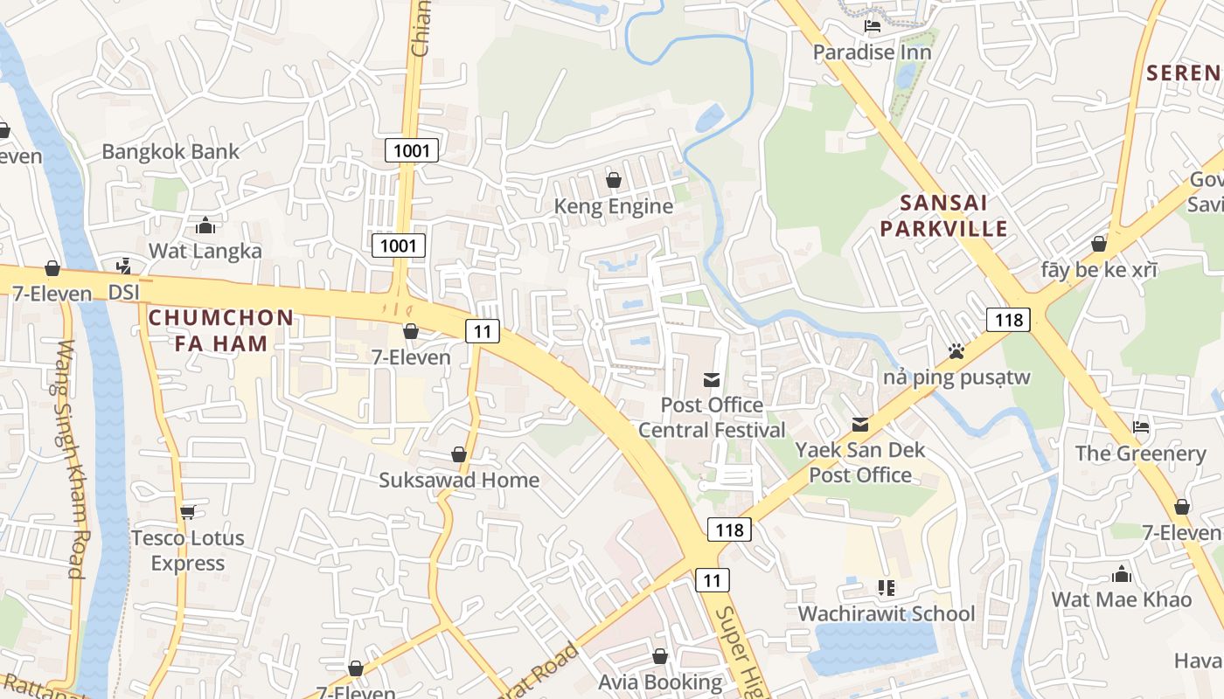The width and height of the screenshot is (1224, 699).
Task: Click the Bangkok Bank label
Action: (x=170, y=151)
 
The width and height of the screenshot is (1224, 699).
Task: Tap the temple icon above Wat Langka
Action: (x=205, y=225)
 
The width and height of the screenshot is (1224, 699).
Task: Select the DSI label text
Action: (x=124, y=293)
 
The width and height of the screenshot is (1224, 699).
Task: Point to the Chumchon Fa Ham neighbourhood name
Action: (x=221, y=329)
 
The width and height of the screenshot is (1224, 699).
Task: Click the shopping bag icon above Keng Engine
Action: (x=614, y=180)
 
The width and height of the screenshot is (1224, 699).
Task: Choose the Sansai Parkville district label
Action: (x=943, y=216)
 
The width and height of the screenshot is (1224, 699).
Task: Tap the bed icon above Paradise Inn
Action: (x=872, y=26)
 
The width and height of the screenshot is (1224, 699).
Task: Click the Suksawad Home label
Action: (x=459, y=480)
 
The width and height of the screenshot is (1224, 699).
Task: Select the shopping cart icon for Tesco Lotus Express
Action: (x=187, y=512)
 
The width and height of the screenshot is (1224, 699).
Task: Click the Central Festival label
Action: (x=712, y=430)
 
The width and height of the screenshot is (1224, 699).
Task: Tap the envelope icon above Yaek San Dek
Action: (x=860, y=425)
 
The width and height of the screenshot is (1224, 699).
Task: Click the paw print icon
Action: (x=956, y=351)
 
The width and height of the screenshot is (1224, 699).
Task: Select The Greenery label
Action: (x=1140, y=453)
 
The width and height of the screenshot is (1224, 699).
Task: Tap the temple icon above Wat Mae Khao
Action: (x=1122, y=574)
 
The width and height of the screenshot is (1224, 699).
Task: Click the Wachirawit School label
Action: (x=886, y=613)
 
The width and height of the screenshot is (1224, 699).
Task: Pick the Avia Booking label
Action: (x=660, y=682)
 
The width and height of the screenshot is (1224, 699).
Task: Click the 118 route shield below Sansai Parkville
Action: (x=1009, y=320)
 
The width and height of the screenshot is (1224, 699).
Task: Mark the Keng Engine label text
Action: (x=614, y=206)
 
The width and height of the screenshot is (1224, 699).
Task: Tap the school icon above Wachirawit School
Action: (x=887, y=588)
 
